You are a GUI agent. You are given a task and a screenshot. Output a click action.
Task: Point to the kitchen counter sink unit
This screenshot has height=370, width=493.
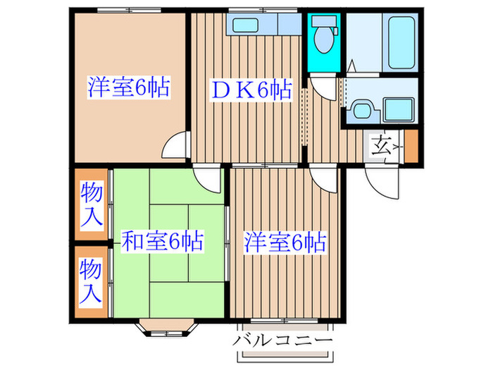pos(264,25)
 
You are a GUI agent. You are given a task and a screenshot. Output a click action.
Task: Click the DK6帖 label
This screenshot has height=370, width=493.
pos(251,90)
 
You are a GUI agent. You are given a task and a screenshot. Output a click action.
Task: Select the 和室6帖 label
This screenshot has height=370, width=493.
pos(163,242)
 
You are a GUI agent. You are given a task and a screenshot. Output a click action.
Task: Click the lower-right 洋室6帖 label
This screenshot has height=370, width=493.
pos(285,243)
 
